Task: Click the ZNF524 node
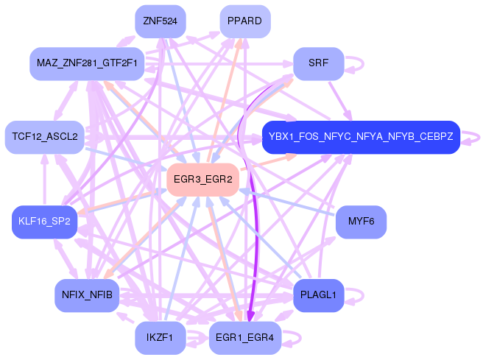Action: [161, 21]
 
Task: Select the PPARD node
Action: [245, 21]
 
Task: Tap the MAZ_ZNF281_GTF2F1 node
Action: [87, 64]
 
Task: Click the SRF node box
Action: [319, 64]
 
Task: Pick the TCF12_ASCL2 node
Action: [45, 137]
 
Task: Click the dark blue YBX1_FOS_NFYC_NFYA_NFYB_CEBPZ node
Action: [361, 137]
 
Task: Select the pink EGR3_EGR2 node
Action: [202, 180]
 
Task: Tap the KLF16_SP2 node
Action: [45, 222]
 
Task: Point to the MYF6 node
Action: [361, 222]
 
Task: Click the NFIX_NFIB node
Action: [87, 295]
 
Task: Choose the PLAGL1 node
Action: [319, 295]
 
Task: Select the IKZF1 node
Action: [161, 338]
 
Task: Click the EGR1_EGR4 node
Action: [245, 338]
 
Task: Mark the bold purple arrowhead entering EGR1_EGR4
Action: [250, 317]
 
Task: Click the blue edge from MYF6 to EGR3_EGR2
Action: [287, 202]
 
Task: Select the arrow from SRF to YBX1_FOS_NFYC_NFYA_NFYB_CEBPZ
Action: [340, 101]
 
